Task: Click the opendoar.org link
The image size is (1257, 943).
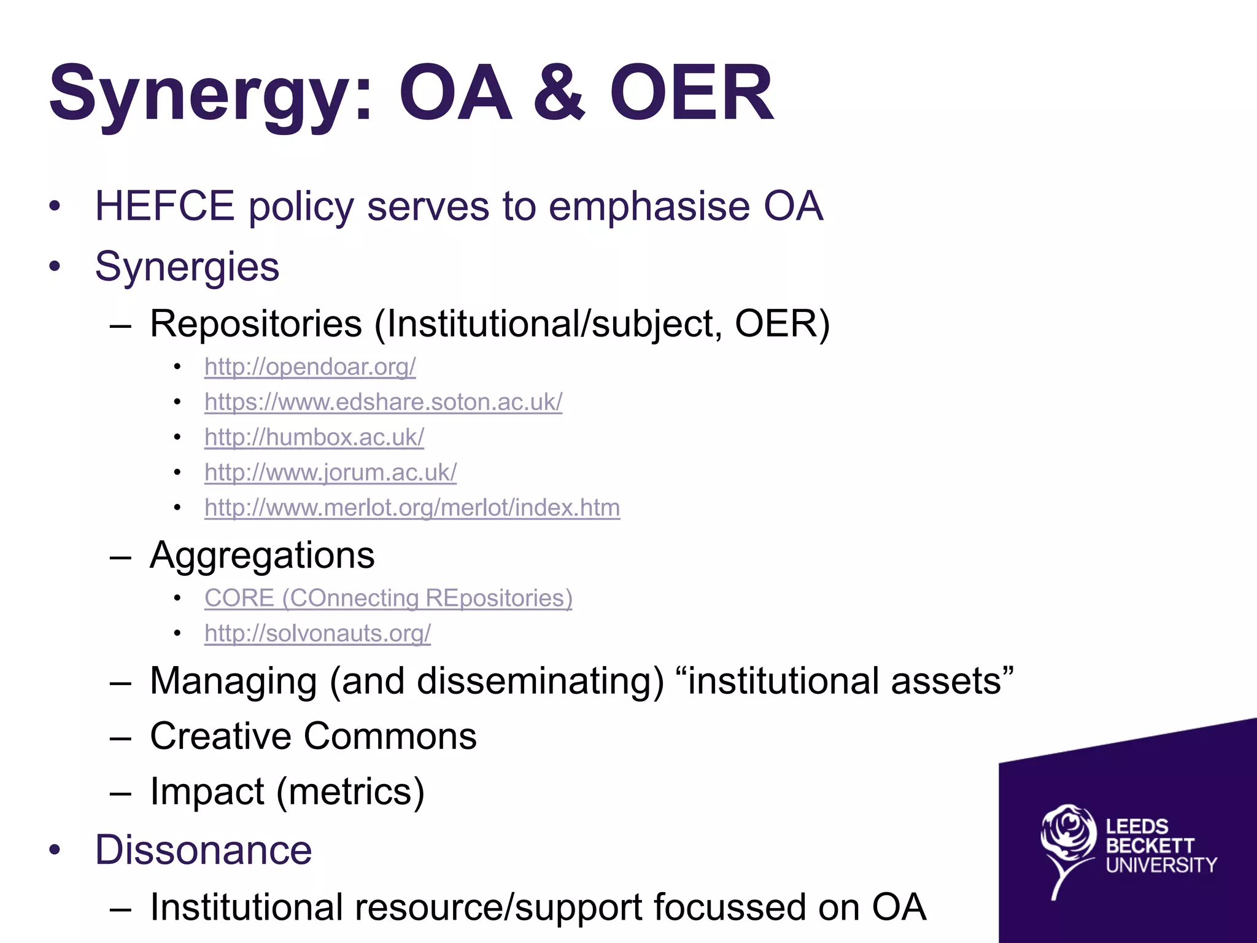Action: (x=310, y=367)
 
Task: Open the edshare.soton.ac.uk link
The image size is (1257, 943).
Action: (x=383, y=402)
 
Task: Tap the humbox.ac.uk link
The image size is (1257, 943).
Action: (x=314, y=437)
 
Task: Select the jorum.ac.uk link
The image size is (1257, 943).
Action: (x=330, y=472)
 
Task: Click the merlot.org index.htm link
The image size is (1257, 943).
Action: (x=412, y=508)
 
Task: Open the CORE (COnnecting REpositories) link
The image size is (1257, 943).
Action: (x=388, y=598)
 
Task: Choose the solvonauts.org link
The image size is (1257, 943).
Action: (x=317, y=633)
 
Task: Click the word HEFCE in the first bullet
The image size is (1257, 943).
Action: (x=164, y=206)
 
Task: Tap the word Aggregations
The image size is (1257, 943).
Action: (x=262, y=556)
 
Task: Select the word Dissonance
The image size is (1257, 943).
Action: (x=203, y=850)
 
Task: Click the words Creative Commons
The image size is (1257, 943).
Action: (x=313, y=736)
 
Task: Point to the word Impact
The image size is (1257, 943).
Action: (x=207, y=791)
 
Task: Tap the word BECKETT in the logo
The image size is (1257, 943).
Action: (x=1150, y=846)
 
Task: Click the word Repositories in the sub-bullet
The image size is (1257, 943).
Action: (x=256, y=324)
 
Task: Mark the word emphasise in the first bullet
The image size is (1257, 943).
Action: (x=649, y=206)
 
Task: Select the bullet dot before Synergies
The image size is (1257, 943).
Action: (x=55, y=266)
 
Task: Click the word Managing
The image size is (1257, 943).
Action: (x=233, y=681)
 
